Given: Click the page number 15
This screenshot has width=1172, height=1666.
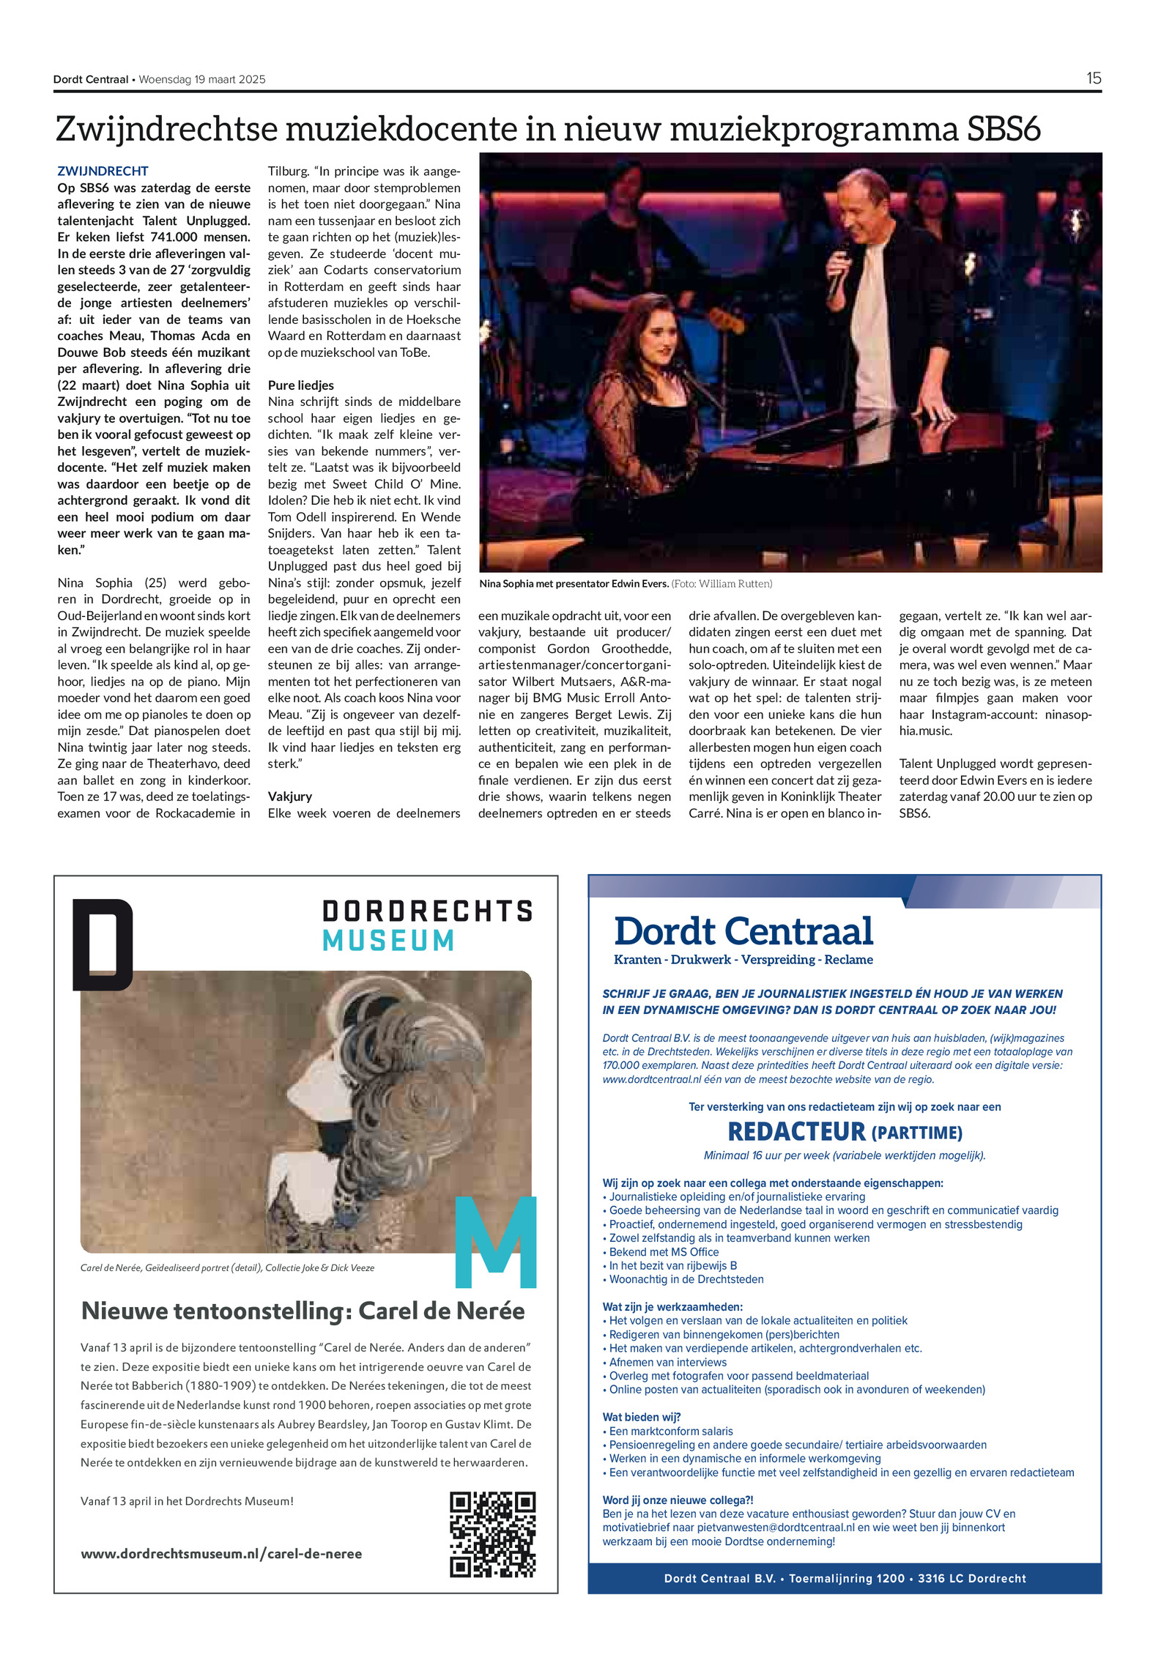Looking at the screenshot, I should coord(1093,78).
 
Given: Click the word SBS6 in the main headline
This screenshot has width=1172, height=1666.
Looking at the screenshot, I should coord(1003,129).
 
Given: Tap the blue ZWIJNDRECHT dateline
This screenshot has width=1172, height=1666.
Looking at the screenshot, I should coord(103,171).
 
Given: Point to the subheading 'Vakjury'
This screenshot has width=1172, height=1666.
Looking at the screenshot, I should coord(289,796).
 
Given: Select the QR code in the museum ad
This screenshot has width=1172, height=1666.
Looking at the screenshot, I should coord(492,1534).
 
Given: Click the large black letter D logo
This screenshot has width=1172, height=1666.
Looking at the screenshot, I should coord(103,945).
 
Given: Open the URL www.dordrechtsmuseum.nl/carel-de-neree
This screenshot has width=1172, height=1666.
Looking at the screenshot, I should coord(221,1554).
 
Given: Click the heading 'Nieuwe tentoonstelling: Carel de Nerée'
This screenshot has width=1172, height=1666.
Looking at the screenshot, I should coord(303,1311).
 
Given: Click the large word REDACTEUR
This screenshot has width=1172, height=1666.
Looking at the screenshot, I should coord(795,1132).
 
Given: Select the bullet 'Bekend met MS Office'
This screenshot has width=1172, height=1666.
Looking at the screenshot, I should coord(664,1252).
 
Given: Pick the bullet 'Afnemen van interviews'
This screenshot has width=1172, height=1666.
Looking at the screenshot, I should coord(667,1362).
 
